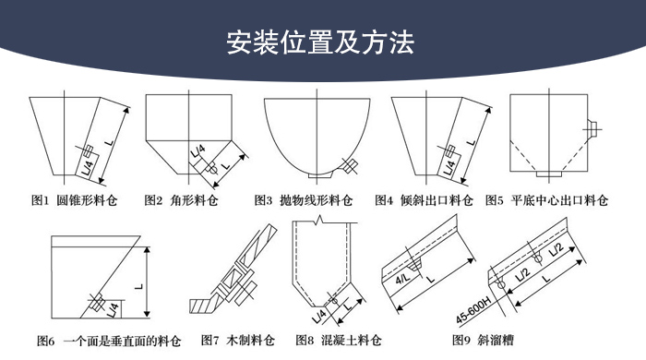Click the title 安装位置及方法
click(x=320, y=42)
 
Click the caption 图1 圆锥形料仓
click(x=75, y=200)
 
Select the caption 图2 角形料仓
click(x=181, y=200)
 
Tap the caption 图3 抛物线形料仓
click(x=304, y=200)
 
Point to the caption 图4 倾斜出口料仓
click(x=424, y=200)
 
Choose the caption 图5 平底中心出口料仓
click(x=546, y=200)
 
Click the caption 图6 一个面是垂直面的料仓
click(x=109, y=341)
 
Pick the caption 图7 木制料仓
click(x=238, y=341)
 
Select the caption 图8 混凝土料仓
click(x=339, y=341)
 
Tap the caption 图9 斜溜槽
click(x=483, y=341)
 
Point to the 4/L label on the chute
click(x=402, y=279)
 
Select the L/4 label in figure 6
click(x=114, y=310)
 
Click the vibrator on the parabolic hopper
click(x=350, y=165)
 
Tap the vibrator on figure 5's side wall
click(x=592, y=129)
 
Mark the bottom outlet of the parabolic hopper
click(x=319, y=175)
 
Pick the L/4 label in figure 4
click(x=450, y=168)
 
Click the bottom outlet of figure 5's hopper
click(x=548, y=174)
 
